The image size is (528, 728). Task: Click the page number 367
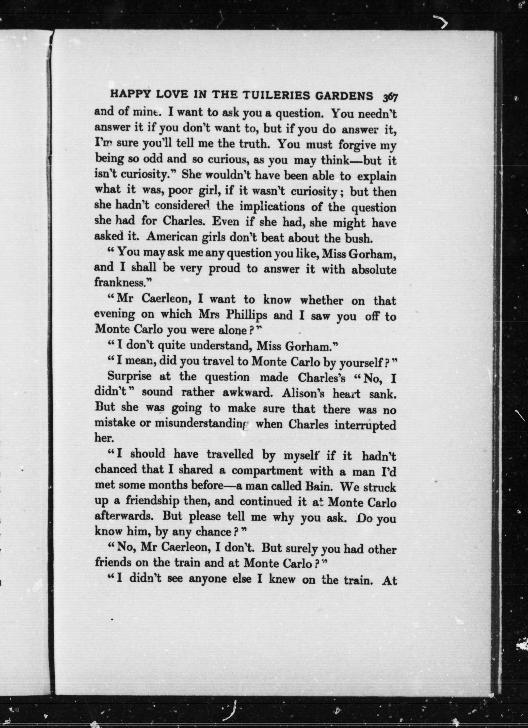pos(389,97)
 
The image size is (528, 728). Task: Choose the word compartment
pos(267,471)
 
